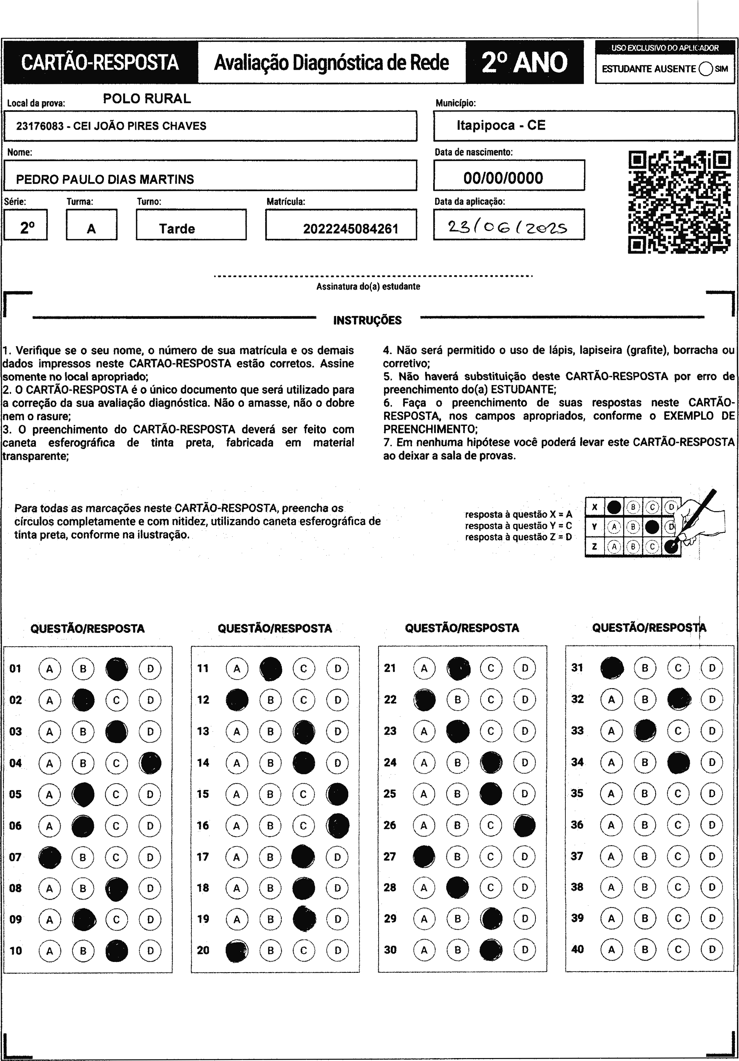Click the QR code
click(x=679, y=202)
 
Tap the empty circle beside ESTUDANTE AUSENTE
click(x=706, y=69)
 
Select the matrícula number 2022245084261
click(x=350, y=229)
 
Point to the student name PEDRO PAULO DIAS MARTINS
click(x=105, y=179)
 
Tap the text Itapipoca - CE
click(x=501, y=125)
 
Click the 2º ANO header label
click(x=524, y=63)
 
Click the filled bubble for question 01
click(x=117, y=669)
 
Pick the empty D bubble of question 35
click(x=712, y=793)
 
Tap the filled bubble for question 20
click(x=236, y=950)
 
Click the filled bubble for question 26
click(x=525, y=825)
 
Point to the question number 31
click(x=577, y=668)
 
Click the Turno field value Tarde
click(x=177, y=229)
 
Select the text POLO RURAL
click(x=147, y=98)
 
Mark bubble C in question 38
click(x=678, y=887)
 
